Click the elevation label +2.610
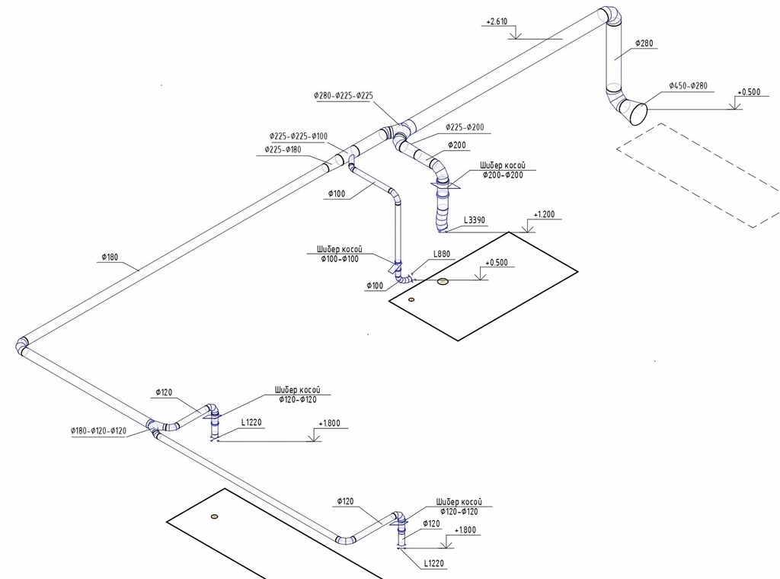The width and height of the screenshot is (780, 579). [x=496, y=22]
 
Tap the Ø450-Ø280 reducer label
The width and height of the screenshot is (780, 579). [x=689, y=86]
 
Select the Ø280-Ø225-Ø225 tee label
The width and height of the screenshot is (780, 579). [x=343, y=96]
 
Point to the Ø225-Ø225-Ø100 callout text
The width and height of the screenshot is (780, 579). [x=298, y=136]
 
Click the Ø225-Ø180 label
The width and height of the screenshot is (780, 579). [x=283, y=149]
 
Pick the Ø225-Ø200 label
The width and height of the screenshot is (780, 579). [x=465, y=127]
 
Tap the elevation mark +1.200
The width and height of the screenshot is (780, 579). [x=545, y=215]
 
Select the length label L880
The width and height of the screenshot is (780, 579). [x=443, y=254]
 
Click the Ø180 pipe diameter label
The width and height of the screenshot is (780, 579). [x=109, y=258]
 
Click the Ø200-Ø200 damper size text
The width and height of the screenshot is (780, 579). [x=503, y=175]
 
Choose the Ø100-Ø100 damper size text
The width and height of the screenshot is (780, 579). [x=340, y=259]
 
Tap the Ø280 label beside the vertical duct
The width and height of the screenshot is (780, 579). [x=644, y=43]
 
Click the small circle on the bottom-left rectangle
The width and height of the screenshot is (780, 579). [x=214, y=517]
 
